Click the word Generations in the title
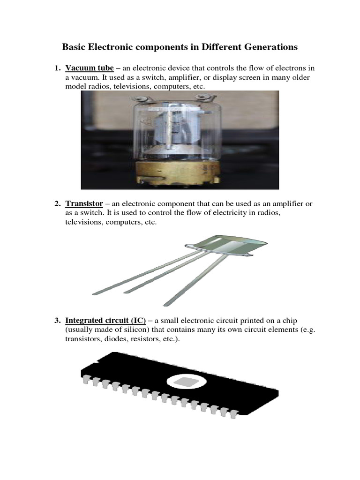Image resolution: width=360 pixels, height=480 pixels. click(x=272, y=47)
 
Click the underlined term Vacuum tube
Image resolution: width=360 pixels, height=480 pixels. click(x=90, y=68)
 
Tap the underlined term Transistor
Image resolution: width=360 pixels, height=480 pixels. click(x=84, y=203)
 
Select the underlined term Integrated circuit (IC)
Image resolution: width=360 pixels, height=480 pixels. click(x=105, y=321)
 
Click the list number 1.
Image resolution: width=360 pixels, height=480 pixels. click(x=57, y=68)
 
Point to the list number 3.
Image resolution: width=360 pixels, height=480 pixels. click(x=57, y=321)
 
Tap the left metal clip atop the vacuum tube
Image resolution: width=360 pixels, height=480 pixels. click(x=142, y=99)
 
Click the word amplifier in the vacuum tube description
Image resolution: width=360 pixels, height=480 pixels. click(x=184, y=77)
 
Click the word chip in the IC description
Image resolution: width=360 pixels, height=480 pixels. click(x=290, y=321)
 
